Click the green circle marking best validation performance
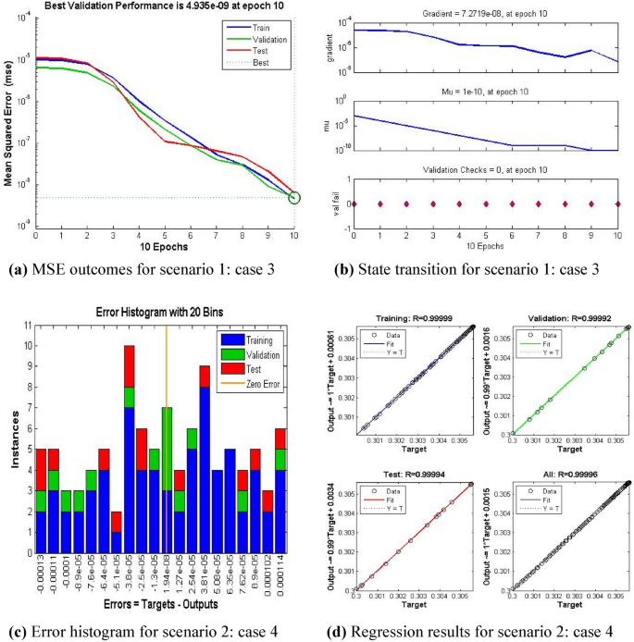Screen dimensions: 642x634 point(295,197)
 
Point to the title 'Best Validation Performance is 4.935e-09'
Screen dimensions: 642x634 point(164,6)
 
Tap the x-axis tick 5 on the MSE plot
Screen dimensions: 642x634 point(165,235)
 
